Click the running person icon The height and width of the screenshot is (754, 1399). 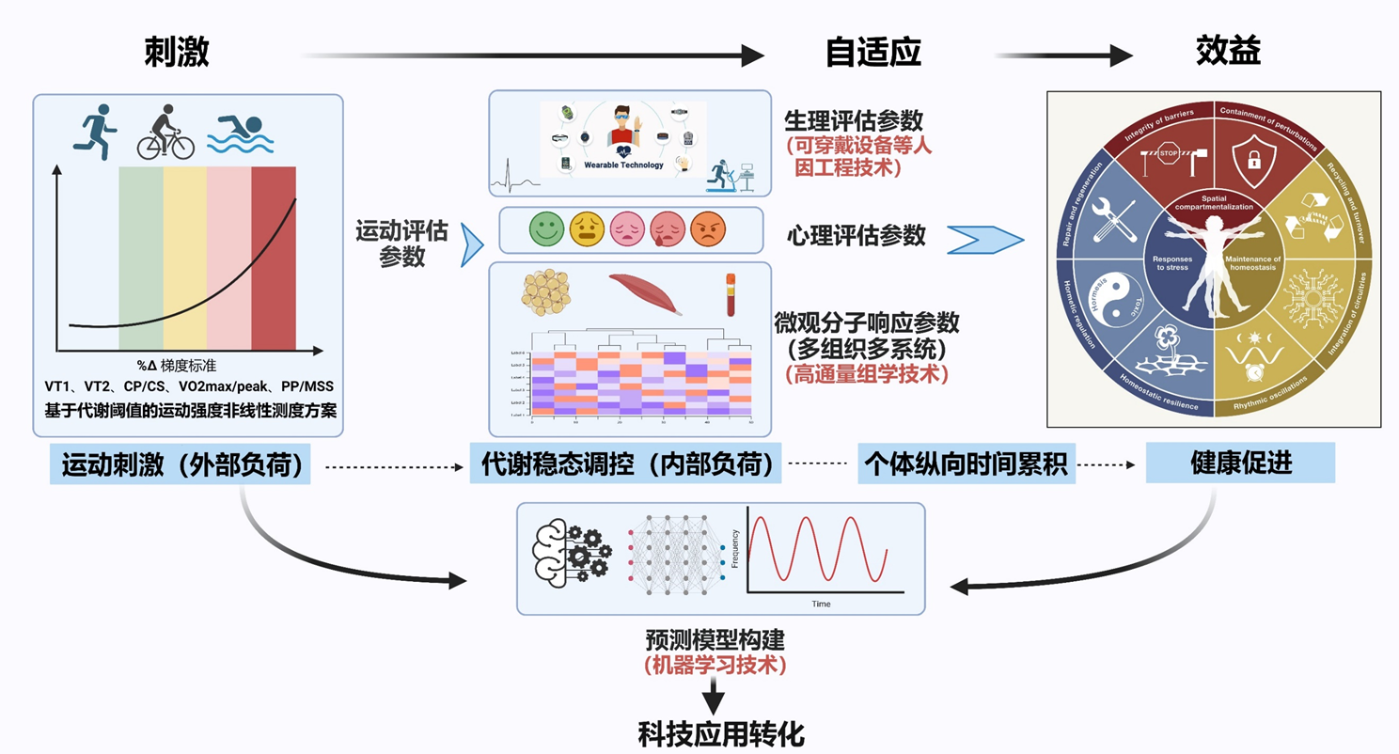(x=94, y=131)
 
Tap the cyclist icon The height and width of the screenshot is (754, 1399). (x=165, y=133)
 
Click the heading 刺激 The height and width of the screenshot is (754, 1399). (x=176, y=52)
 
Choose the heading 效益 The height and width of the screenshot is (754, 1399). (x=1228, y=51)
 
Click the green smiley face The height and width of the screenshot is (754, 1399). (x=546, y=229)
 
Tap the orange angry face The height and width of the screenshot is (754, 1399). (x=708, y=229)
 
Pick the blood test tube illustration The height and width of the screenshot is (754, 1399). (x=729, y=294)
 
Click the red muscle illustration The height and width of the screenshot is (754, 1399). (x=645, y=291)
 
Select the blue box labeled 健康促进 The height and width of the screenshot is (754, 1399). (x=1240, y=463)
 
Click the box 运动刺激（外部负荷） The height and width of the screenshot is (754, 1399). (x=182, y=464)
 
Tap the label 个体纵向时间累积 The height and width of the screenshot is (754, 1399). (x=967, y=464)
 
